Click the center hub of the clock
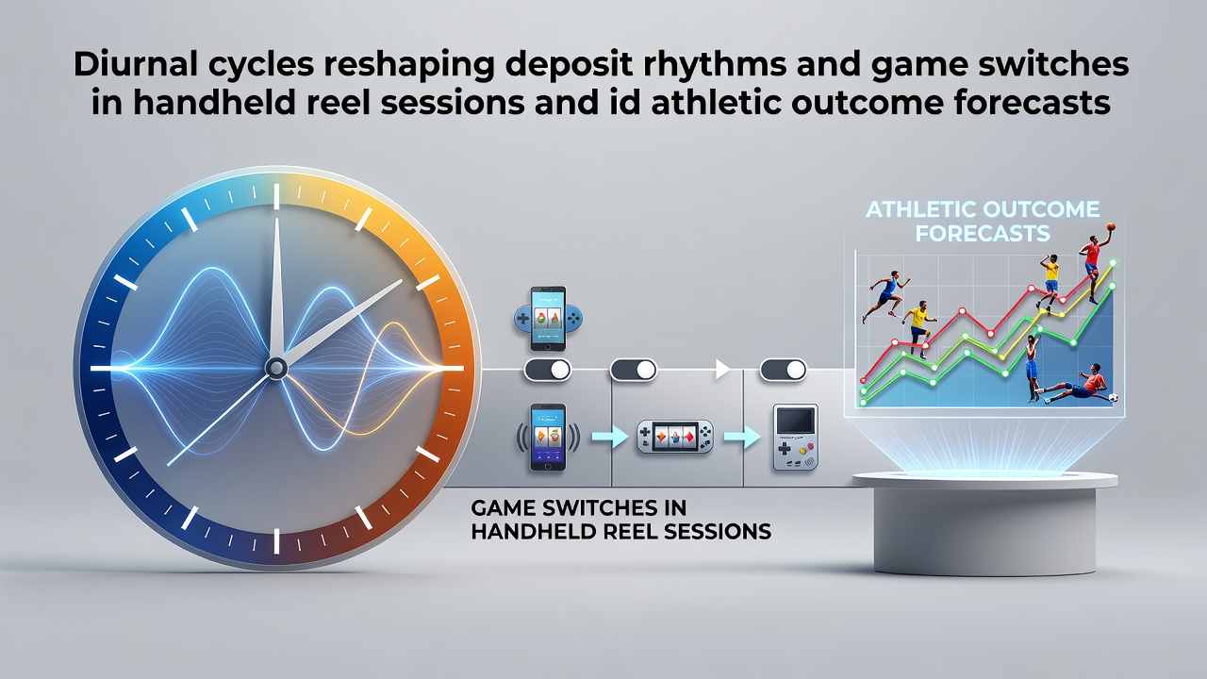pyautogui.click(x=276, y=368)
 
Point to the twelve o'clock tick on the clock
pyautogui.click(x=276, y=196)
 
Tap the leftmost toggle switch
pyautogui.click(x=548, y=371)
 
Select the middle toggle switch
pyautogui.click(x=633, y=371)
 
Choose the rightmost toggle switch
pyautogui.click(x=784, y=371)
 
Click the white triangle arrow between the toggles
pyautogui.click(x=722, y=370)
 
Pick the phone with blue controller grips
pyautogui.click(x=548, y=319)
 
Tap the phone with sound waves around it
pyautogui.click(x=548, y=437)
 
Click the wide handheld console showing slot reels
pyautogui.click(x=675, y=437)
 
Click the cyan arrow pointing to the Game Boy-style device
pyautogui.click(x=742, y=437)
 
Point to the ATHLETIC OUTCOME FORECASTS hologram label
pyautogui.click(x=983, y=221)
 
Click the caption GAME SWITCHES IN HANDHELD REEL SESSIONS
pyautogui.click(x=620, y=520)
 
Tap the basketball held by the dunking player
pyautogui.click(x=1110, y=227)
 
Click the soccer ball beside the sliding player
pyautogui.click(x=1113, y=398)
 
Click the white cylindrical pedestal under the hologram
pyautogui.click(x=984, y=522)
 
